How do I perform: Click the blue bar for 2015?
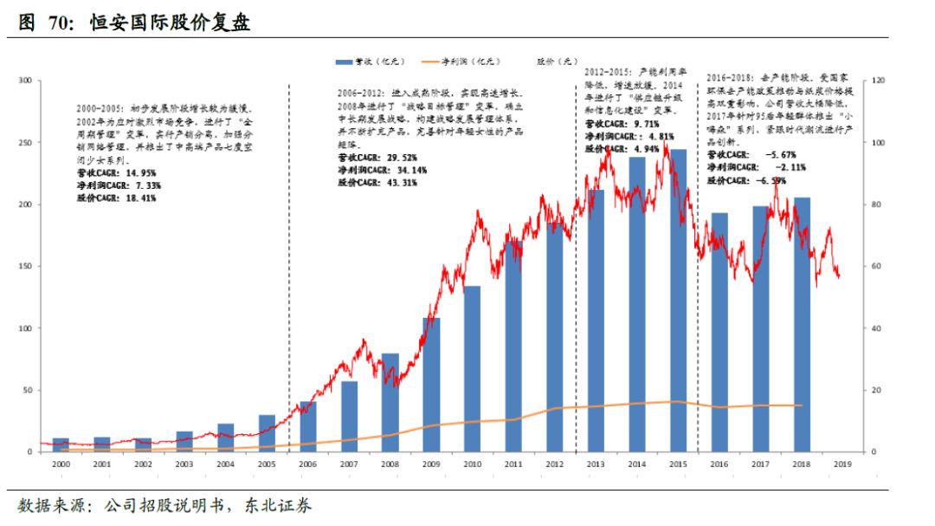click(x=679, y=303)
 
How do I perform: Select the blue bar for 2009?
click(x=431, y=386)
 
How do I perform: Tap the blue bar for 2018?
click(x=803, y=325)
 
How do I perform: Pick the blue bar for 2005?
click(x=267, y=433)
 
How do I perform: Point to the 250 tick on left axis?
click(x=24, y=142)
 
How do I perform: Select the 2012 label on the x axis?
click(x=555, y=465)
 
